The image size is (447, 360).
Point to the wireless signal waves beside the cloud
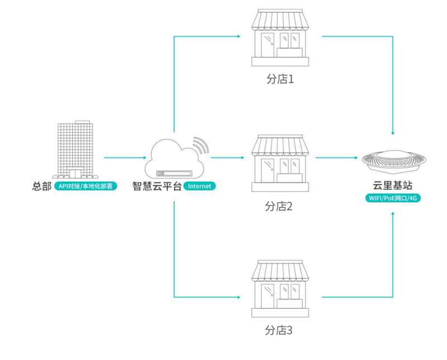[201, 144]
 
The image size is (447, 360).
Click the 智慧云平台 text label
[156, 186]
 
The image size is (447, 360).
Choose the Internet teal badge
[199, 186]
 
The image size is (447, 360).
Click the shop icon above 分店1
[279, 37]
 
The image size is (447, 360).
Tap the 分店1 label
[279, 79]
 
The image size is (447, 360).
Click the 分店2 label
[279, 207]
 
